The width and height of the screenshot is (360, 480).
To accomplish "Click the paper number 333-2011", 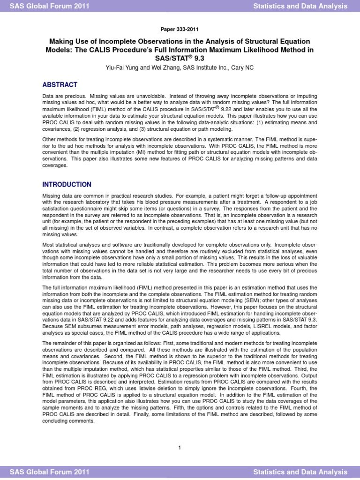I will [180, 28].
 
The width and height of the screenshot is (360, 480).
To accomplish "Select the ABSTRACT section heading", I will [60, 85].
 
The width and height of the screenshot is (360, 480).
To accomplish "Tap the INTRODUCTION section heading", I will [67, 185].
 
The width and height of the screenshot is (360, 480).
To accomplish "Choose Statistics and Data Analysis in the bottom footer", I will [300, 472].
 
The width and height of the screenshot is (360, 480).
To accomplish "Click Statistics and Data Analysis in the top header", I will [300, 6].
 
